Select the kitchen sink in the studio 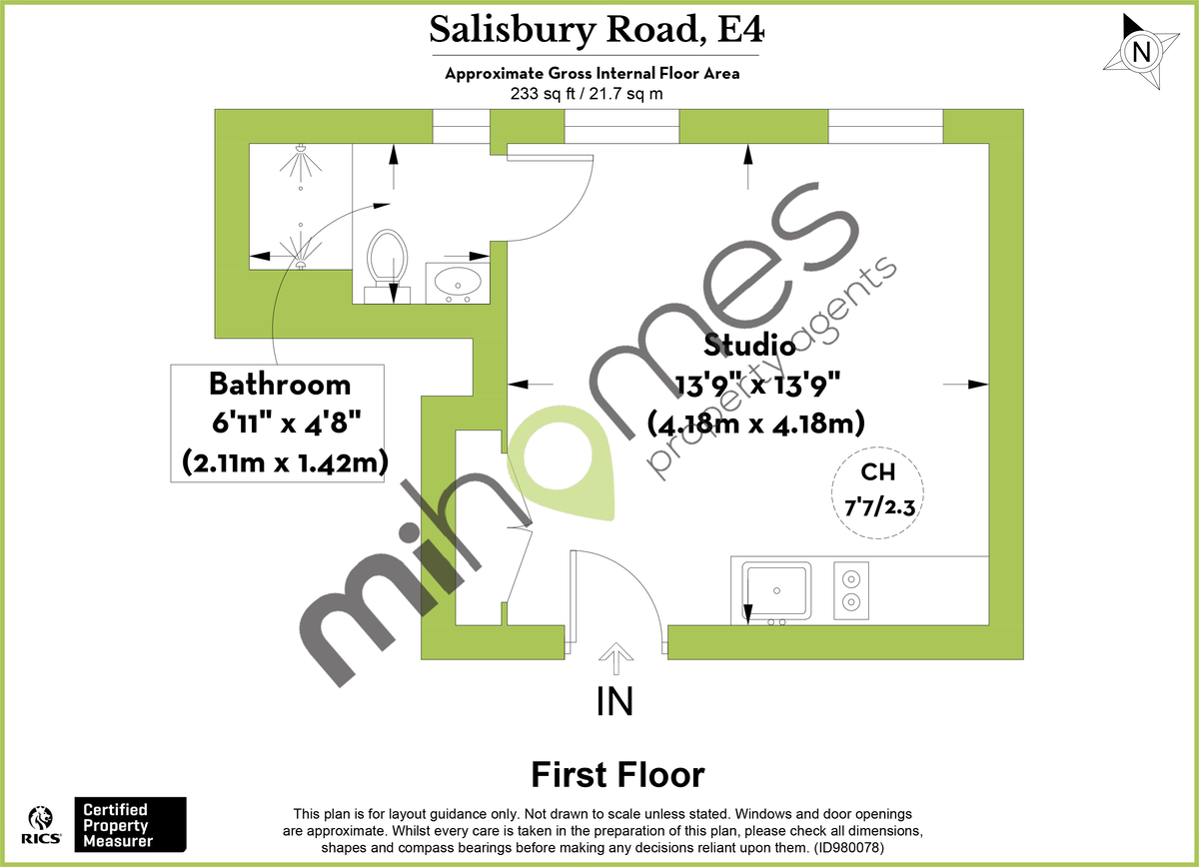[776, 589]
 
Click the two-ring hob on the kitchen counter [851, 589]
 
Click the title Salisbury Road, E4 [597, 30]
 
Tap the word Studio [749, 346]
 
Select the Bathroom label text [279, 384]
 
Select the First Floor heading [617, 774]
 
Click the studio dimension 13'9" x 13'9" [756, 384]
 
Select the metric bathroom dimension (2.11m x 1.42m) [285, 461]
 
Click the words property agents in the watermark [769, 370]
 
